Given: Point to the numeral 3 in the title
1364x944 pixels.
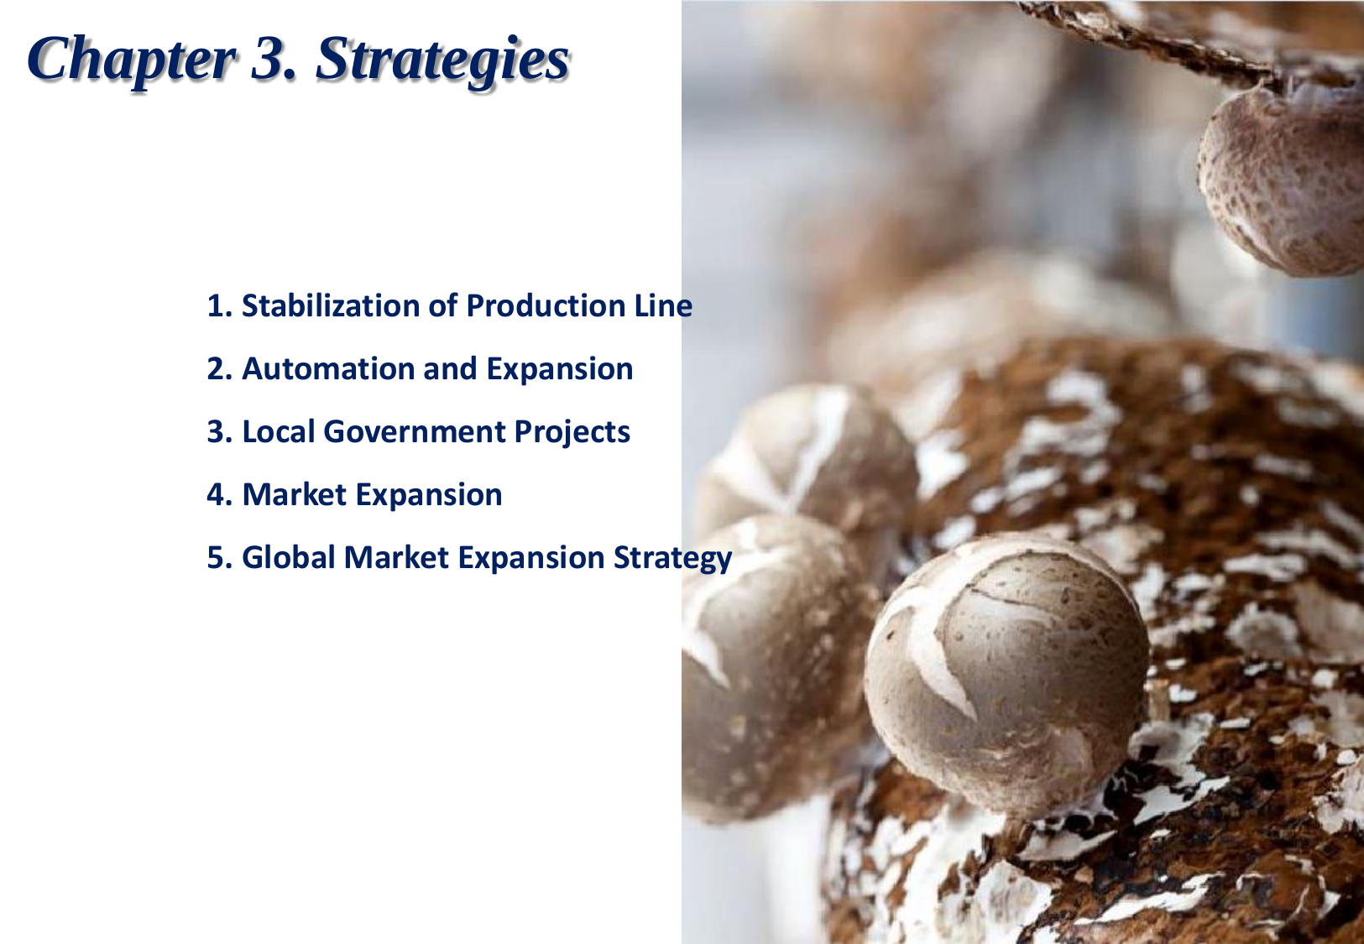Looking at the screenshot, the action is [x=269, y=59].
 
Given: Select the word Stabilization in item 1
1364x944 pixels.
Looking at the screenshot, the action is [x=330, y=305].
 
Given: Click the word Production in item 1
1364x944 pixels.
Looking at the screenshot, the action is [x=546, y=305].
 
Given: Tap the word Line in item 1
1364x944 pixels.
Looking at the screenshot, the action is [x=663, y=305].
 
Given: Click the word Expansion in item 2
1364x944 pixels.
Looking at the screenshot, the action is [x=560, y=370].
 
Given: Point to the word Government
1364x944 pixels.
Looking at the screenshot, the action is [x=414, y=431].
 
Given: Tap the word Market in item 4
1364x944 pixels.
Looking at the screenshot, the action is [x=294, y=494].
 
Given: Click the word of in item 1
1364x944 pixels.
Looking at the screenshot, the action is [x=442, y=305].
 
